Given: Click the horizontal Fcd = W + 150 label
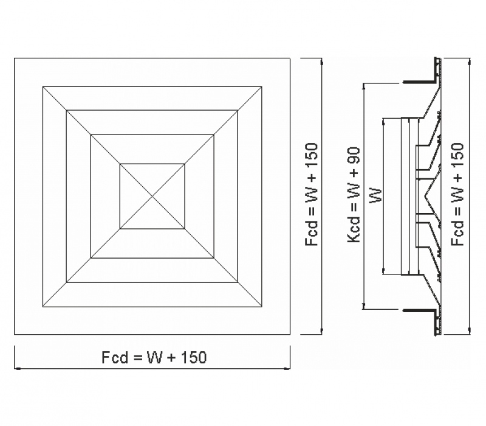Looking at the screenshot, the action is point(154,357).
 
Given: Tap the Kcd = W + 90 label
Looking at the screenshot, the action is point(354,195).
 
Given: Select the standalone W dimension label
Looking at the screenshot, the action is point(376,195).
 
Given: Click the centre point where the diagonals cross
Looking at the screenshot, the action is point(152,196).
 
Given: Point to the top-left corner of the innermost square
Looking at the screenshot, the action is point(120,164).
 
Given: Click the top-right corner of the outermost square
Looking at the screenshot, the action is point(290,58).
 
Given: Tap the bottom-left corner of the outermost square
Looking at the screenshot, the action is point(14,334).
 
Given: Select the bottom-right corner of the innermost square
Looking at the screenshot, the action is point(185,229).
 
